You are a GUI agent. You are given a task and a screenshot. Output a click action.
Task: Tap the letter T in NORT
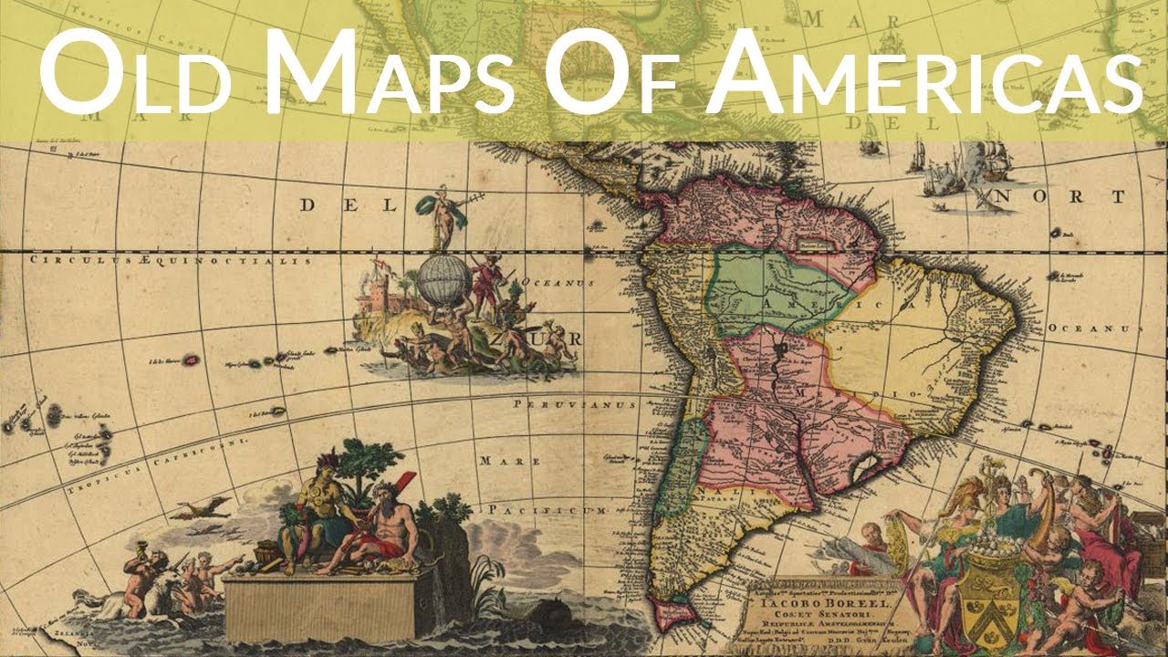(1117, 197)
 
